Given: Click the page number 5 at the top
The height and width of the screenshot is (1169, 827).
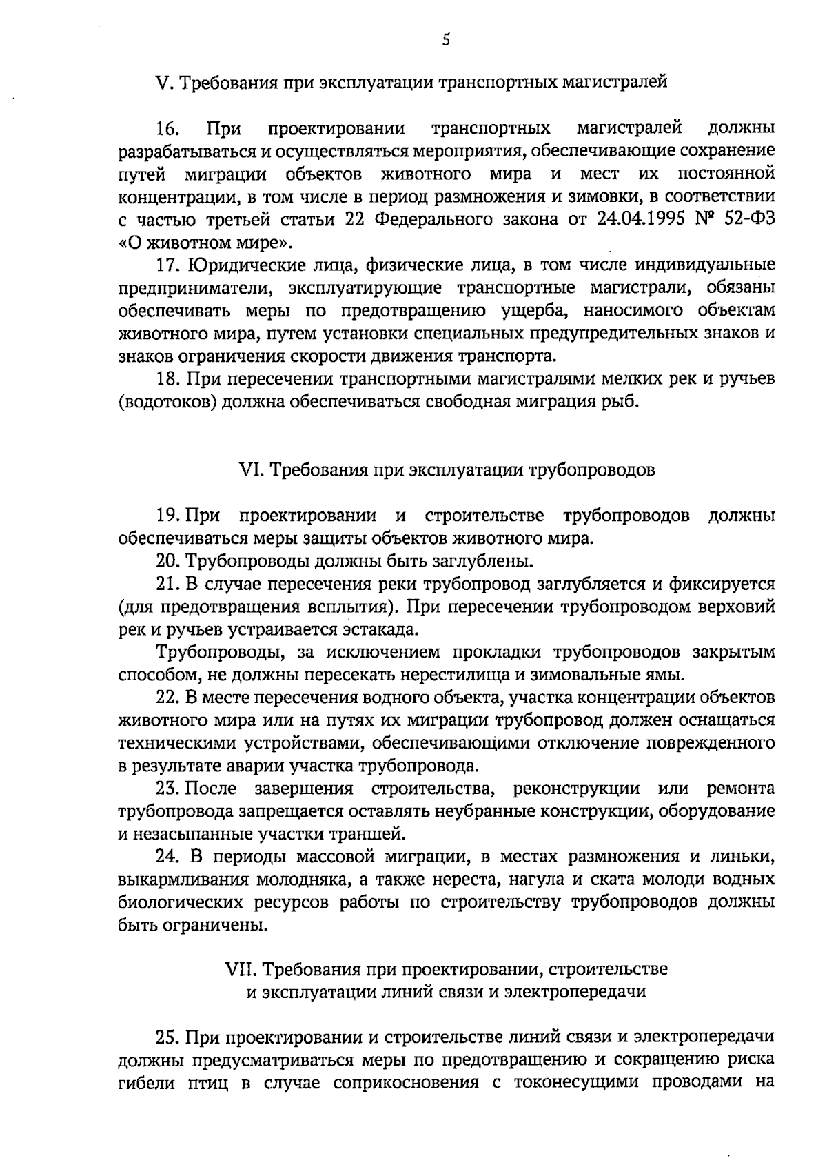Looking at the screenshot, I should [x=446, y=40].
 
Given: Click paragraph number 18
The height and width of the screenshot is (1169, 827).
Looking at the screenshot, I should [x=167, y=379].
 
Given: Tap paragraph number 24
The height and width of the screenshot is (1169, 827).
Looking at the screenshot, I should [x=167, y=857].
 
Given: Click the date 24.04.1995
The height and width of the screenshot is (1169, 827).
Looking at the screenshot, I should [x=641, y=220].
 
